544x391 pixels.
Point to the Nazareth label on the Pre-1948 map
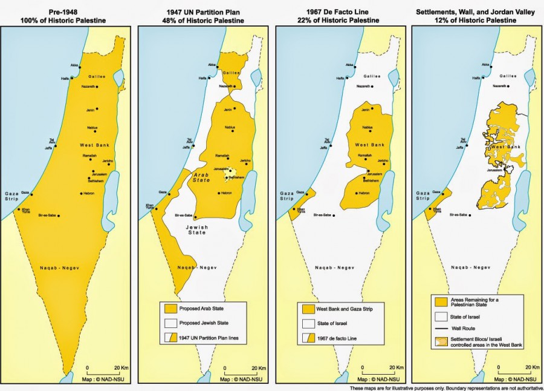click(88, 87)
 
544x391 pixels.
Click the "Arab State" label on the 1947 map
click(201, 177)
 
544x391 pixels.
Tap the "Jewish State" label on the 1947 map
click(196, 229)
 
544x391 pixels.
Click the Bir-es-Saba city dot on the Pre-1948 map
click(58, 216)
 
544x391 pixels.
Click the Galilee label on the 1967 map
click(372, 76)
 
